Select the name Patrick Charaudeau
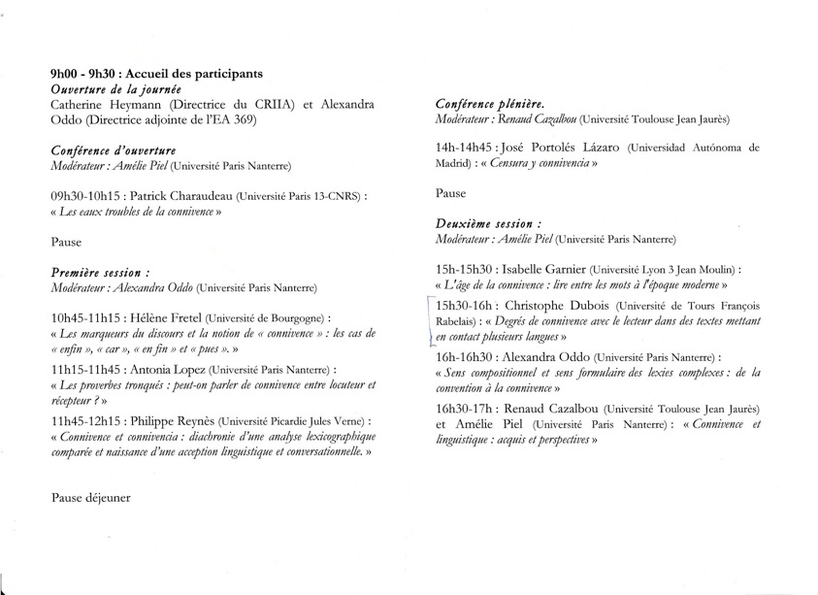(x=176, y=195)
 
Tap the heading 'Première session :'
(x=100, y=273)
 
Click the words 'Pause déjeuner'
(x=90, y=497)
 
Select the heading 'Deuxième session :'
(x=487, y=223)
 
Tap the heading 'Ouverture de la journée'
(x=109, y=89)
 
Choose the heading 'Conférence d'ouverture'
(x=112, y=150)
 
